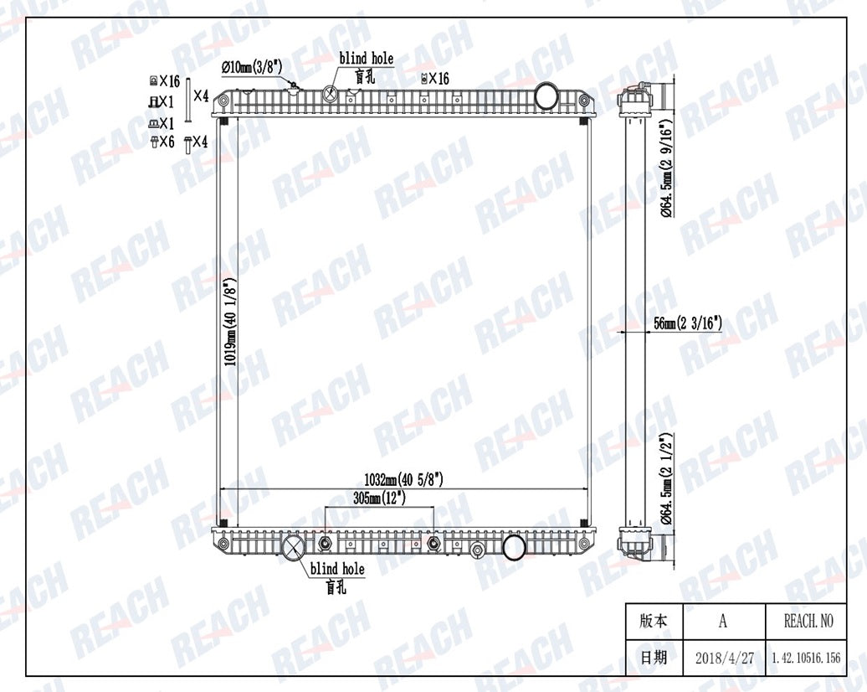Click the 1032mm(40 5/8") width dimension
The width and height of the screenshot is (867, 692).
click(403, 479)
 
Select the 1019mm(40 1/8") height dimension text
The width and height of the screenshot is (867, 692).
click(231, 322)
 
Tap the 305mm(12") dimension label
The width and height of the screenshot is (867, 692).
click(379, 498)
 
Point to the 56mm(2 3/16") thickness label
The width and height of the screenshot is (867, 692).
click(688, 323)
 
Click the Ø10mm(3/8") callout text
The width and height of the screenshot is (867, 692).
click(252, 68)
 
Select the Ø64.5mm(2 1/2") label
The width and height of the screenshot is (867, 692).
click(667, 479)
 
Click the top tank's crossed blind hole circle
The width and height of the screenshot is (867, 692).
click(330, 93)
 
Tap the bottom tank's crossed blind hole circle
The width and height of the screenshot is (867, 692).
click(293, 548)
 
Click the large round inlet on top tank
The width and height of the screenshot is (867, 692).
click(546, 96)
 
